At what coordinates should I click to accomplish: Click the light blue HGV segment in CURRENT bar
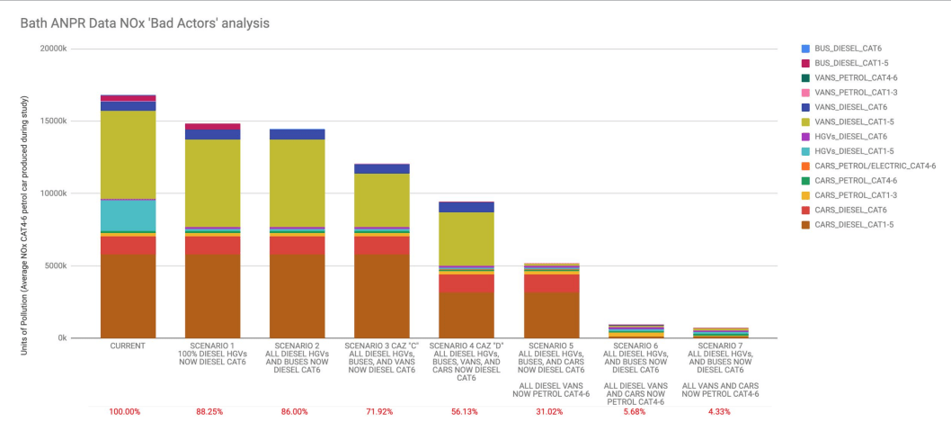[x=128, y=215]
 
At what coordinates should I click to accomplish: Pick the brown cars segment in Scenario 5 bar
[x=551, y=315]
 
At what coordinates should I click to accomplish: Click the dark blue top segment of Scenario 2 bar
[x=297, y=134]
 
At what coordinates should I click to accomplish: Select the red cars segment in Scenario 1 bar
[x=212, y=245]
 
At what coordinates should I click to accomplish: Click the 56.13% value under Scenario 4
[x=467, y=411]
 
